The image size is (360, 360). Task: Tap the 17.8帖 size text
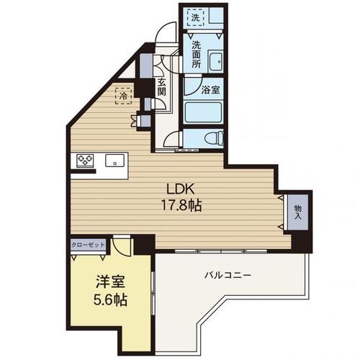[x=181, y=204]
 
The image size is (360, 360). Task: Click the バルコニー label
[x=226, y=274]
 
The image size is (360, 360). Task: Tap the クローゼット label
[x=88, y=245]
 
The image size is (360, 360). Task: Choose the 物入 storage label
[x=297, y=212]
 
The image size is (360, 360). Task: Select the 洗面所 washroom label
[x=197, y=54]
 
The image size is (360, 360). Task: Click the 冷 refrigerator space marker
[x=123, y=95]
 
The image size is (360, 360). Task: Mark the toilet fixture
[x=211, y=138]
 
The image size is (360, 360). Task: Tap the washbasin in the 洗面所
[x=214, y=60]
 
